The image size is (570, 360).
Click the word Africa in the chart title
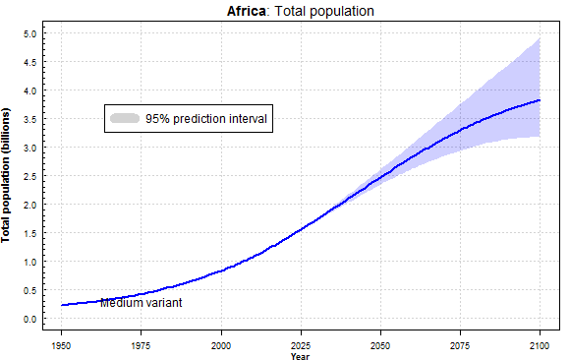click(248, 11)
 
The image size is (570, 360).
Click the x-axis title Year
click(301, 355)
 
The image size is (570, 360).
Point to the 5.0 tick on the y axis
click(30, 33)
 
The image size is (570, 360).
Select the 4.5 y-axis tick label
click(30, 62)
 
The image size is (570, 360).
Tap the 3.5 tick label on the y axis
click(30, 119)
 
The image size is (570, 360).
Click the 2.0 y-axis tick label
click(30, 205)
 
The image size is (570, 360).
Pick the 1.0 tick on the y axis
click(30, 262)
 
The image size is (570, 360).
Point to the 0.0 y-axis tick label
click(30, 319)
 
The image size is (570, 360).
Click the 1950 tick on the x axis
click(62, 345)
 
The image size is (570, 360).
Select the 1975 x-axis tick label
click(142, 345)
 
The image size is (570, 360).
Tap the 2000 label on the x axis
click(221, 345)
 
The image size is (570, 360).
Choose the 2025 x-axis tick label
click(301, 345)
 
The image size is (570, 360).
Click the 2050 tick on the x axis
click(380, 345)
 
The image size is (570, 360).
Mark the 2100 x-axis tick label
click(540, 345)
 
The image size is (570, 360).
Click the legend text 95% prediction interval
click(206, 118)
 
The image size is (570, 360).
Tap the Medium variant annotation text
click(141, 303)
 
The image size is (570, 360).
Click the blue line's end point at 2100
click(540, 100)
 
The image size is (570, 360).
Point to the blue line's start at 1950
click(62, 305)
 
